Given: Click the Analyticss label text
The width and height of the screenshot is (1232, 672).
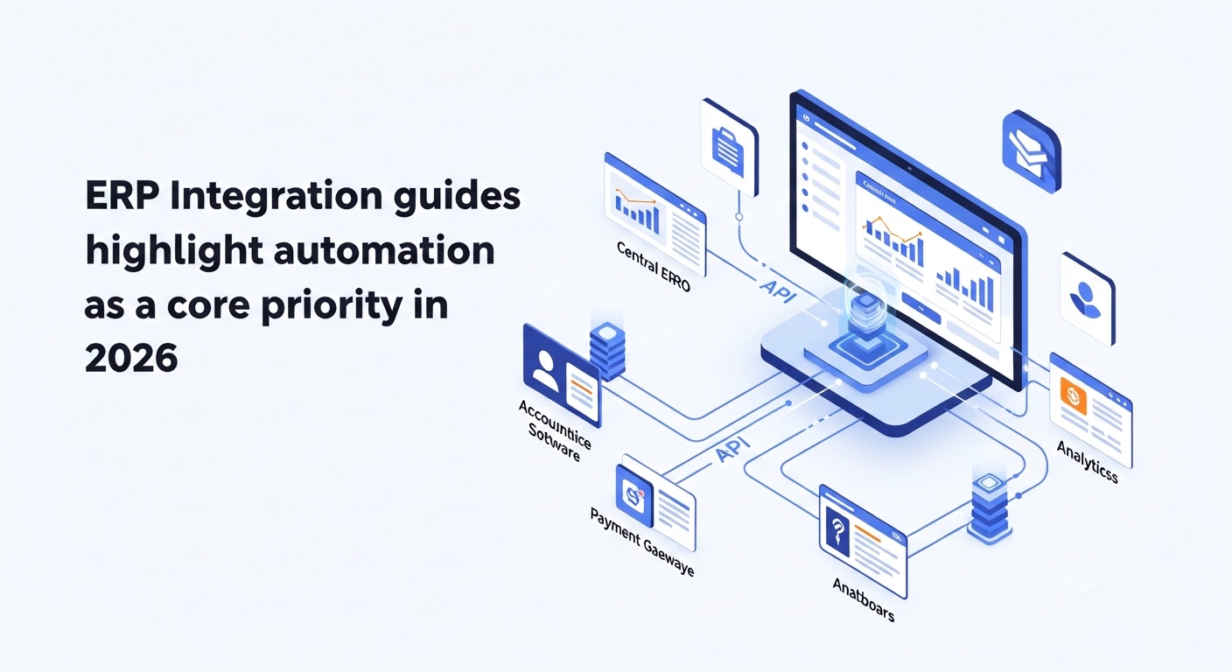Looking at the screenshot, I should pos(1088,462).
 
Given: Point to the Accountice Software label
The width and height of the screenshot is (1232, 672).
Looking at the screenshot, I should pos(554,430).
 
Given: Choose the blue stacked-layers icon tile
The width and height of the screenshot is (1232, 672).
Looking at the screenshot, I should pos(1031,150).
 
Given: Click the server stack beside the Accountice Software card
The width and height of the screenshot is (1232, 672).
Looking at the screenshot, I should pos(606,350).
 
